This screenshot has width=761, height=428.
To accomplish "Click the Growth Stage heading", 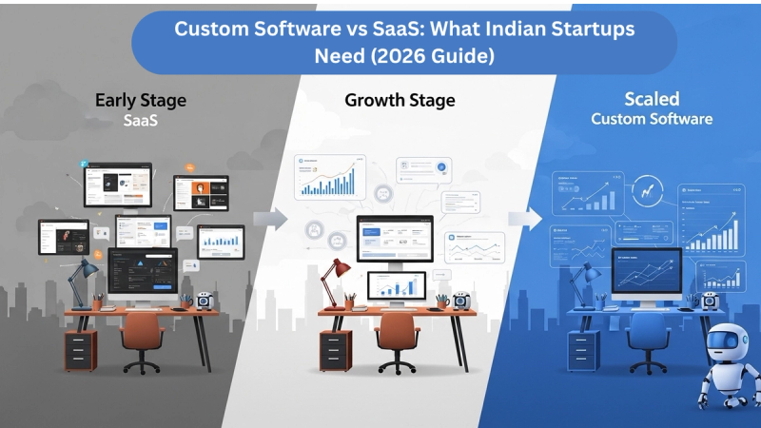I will (400, 100).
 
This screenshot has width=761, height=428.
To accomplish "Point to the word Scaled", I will (652, 100).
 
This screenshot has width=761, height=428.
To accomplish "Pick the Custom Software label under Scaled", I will (652, 120).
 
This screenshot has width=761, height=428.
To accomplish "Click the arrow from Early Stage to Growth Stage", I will (270, 220).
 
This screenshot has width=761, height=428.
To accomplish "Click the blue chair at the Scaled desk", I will (647, 338).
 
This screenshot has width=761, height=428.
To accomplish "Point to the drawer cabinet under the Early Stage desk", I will (80, 350).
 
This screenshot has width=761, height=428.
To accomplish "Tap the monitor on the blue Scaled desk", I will (647, 271).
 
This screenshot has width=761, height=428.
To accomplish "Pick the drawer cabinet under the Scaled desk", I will (581, 350).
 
